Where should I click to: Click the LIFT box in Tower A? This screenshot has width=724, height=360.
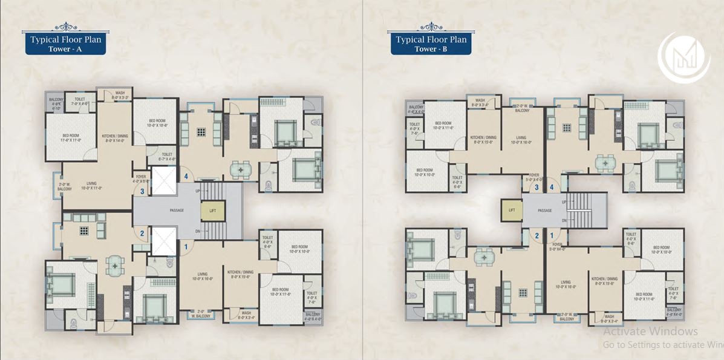pos(212,210)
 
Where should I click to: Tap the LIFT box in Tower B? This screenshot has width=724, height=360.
pos(511,210)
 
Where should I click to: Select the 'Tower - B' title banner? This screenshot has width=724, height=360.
pos(431,45)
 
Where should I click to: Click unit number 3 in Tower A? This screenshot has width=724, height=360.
pos(142,192)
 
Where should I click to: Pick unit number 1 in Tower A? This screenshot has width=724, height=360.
pos(186,246)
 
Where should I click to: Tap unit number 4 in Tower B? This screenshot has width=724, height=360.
pos(550,187)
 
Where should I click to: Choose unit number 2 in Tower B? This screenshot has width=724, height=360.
pos(536,235)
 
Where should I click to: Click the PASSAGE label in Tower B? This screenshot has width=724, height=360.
pos(544,211)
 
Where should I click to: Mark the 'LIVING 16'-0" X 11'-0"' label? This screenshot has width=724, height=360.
pos(91,185)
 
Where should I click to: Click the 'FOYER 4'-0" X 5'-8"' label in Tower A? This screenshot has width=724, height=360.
pos(140,178)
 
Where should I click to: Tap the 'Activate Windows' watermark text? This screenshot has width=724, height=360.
pos(650,331)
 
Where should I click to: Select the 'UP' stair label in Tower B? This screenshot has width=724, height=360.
pos(563,201)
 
